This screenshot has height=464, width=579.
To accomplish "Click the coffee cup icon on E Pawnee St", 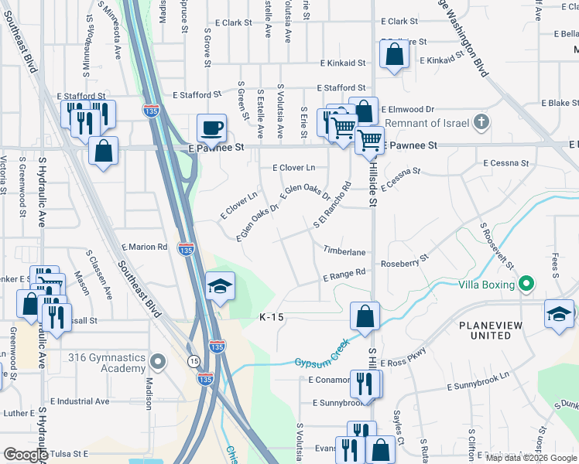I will coord(211,128).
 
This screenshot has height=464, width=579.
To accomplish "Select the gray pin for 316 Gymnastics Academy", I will coord(158,361).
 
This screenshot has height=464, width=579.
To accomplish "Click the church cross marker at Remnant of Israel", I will coord(481,121).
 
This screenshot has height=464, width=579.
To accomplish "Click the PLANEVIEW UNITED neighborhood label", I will coord(496,330).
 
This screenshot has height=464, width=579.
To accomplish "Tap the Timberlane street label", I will coord(344,252).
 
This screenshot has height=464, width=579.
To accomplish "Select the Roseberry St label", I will coord(403,261).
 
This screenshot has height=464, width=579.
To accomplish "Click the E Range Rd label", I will coord(344,273).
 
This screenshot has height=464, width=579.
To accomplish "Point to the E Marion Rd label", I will coord(144,247).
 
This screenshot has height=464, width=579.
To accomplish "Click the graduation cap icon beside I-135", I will coord(220,286).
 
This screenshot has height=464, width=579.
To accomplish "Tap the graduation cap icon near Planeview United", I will coord(559,314).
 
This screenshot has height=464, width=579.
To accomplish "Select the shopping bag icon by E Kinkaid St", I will coord(394,55).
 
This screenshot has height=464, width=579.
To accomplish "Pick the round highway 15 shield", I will coord(193,361).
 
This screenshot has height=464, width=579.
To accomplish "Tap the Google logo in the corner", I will coord(26,455).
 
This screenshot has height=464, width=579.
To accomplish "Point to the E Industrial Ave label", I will coord(80,401).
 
